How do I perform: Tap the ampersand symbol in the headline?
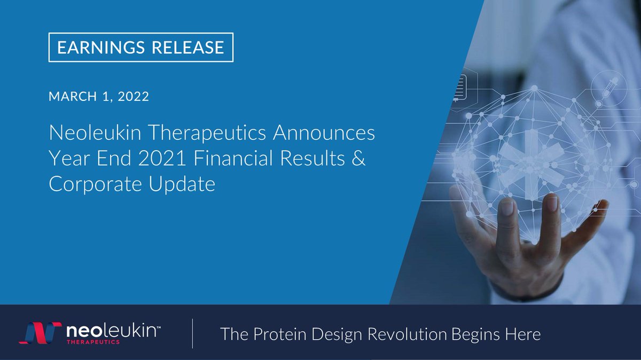tap(359, 159)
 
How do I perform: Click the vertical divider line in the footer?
tap(192, 334)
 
